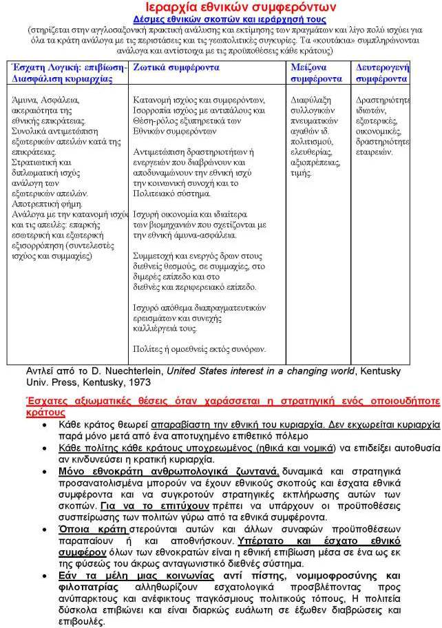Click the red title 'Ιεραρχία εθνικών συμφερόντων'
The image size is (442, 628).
coord(220,8)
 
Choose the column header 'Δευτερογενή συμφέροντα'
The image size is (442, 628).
coord(383,73)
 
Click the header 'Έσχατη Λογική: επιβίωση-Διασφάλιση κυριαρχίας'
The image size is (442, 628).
coord(65,73)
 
